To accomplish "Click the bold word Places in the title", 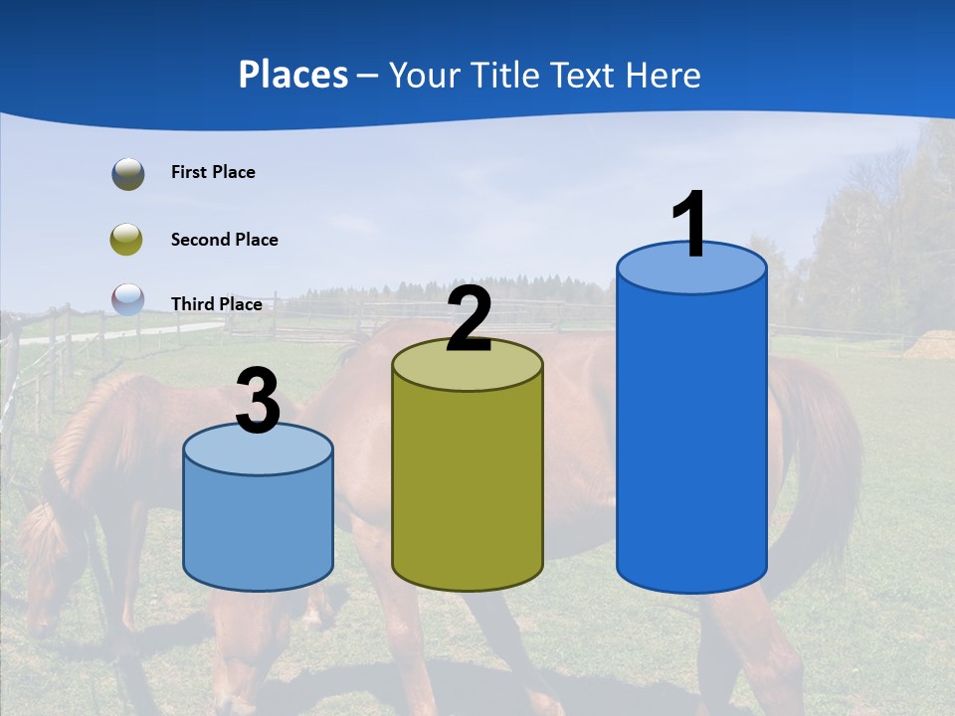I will [292, 75].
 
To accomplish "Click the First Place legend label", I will [213, 172].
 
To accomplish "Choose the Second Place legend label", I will [224, 240].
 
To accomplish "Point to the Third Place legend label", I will [216, 304].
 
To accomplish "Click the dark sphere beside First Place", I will [127, 174].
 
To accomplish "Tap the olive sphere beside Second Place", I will [126, 239].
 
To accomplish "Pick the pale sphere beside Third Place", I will [127, 299].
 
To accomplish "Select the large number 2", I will [469, 319].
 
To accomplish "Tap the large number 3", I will [258, 401].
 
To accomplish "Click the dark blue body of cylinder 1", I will [691, 438].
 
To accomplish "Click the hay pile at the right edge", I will [931, 344].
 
